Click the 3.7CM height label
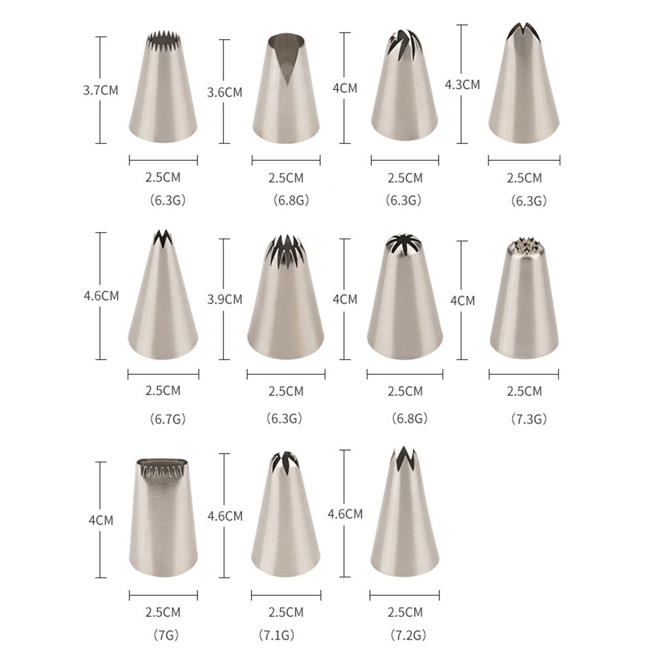tap(101, 90)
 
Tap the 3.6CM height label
tap(225, 92)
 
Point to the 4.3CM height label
tap(462, 84)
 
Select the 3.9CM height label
tap(225, 299)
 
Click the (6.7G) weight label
tap(167, 419)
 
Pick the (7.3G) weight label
tap(529, 419)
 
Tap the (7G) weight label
tap(166, 635)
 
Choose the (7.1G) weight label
tap(277, 635)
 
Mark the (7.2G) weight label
tap(408, 635)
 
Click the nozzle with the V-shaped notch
tap(286, 89)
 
